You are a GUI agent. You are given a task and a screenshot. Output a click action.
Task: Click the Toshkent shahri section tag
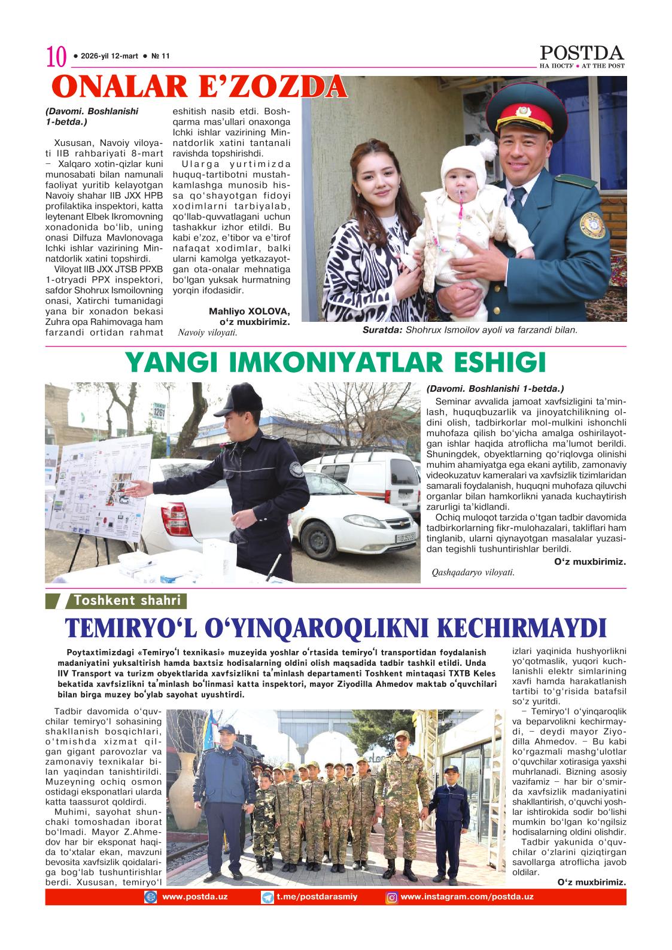pyautogui.click(x=127, y=601)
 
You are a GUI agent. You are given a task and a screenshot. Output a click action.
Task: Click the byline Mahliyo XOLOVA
pyautogui.click(x=249, y=311)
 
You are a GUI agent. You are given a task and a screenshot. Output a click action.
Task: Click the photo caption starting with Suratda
pyautogui.click(x=470, y=330)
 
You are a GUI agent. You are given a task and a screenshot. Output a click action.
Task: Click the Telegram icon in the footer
pyautogui.click(x=267, y=897)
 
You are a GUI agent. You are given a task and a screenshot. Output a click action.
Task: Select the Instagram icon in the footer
pyautogui.click(x=392, y=897)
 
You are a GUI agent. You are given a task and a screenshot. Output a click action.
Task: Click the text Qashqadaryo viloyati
pyautogui.click(x=473, y=572)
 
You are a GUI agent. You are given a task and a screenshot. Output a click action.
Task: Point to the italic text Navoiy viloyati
pyautogui.click(x=208, y=332)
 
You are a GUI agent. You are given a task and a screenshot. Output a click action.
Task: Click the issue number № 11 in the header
pyautogui.click(x=160, y=56)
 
